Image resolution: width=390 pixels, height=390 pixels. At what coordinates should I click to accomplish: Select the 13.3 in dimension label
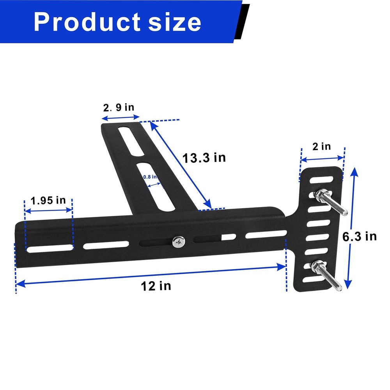[204, 158]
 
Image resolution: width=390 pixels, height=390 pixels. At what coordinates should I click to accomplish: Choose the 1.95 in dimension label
[48, 200]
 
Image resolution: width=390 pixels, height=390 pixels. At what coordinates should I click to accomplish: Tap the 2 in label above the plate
[321, 146]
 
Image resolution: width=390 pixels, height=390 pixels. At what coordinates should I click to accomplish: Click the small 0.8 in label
[150, 177]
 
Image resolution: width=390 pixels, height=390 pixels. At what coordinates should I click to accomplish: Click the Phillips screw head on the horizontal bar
[179, 242]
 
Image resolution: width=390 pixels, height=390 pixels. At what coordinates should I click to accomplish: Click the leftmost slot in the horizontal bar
[49, 247]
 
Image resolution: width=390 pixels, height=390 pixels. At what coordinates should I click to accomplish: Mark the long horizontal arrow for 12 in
[151, 275]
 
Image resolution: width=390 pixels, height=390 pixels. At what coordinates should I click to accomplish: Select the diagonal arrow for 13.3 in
[181, 165]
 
